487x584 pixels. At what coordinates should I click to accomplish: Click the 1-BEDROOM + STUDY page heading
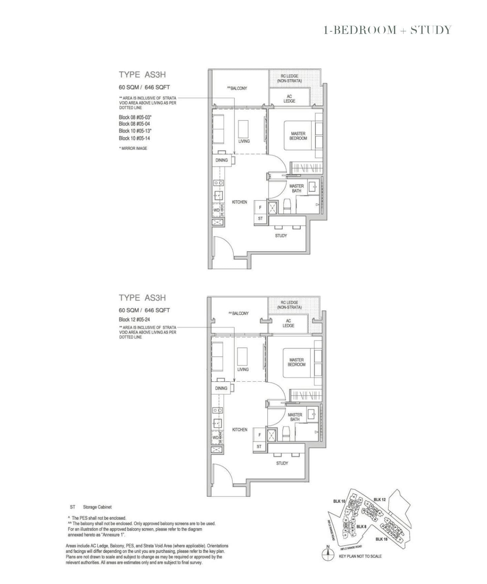(x=387, y=30)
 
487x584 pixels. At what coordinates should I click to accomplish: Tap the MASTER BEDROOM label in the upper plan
(x=298, y=136)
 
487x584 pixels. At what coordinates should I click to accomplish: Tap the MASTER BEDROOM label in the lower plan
(x=296, y=362)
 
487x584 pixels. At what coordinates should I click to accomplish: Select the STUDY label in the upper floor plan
(x=281, y=236)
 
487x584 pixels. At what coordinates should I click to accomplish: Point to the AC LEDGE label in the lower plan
(x=288, y=323)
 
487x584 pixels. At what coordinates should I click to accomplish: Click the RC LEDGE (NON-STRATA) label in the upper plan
(x=289, y=78)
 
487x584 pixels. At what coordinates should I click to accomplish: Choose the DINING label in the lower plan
(x=221, y=388)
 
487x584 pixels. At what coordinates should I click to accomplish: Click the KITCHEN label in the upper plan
(x=239, y=202)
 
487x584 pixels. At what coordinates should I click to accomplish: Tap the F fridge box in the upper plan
(x=260, y=207)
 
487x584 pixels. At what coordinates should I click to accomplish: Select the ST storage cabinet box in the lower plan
(x=259, y=446)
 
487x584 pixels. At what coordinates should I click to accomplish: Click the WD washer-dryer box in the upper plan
(x=216, y=210)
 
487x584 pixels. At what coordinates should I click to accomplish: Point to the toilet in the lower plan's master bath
(x=287, y=434)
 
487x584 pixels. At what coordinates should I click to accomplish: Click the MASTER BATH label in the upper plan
(x=296, y=188)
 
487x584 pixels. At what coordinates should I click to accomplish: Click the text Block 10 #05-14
(x=134, y=138)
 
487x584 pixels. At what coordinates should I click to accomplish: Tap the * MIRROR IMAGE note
(x=133, y=148)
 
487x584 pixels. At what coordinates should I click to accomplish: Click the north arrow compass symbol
(x=327, y=555)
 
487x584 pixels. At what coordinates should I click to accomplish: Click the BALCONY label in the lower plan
(x=240, y=313)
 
